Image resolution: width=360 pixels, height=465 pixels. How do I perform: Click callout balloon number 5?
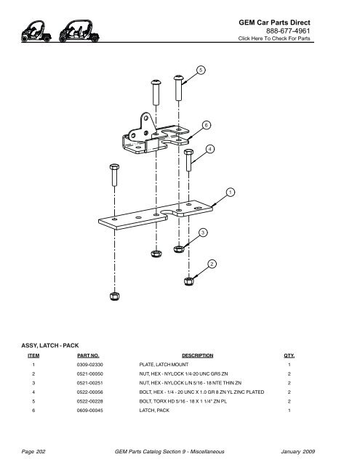coord(201,70)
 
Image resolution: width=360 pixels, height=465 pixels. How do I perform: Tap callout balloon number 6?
coord(207,125)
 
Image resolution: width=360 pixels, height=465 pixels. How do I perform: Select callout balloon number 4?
coord(210,149)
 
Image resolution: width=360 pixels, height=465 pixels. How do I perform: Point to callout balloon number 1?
coord(231,192)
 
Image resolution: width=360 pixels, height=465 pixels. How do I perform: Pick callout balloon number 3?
coord(203,232)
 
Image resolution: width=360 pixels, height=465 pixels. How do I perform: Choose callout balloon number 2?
coord(212,264)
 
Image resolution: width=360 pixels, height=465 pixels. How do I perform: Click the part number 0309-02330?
coord(90,365)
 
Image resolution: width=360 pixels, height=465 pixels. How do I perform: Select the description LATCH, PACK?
coord(154,411)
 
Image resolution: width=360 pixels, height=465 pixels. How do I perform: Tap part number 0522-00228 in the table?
coord(90,401)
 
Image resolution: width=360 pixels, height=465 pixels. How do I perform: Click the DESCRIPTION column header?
coord(198,355)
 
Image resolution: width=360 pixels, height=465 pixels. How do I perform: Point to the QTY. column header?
coord(289,355)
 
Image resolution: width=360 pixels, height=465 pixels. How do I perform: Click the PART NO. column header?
coord(88,355)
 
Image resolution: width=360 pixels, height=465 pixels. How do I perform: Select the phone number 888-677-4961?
coord(288,31)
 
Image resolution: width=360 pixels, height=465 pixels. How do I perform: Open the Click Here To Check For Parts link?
coord(274,39)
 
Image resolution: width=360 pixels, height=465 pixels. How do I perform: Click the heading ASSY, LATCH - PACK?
coord(50,346)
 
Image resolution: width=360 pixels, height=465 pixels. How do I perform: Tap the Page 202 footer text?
coord(33,452)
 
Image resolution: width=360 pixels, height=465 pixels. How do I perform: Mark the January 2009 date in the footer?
coord(297,452)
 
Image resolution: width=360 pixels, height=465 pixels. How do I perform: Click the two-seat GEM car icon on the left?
coord(36,31)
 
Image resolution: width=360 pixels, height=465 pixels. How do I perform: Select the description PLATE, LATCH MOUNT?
coord(164,365)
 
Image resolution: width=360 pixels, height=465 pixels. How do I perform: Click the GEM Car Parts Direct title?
coord(274,23)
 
